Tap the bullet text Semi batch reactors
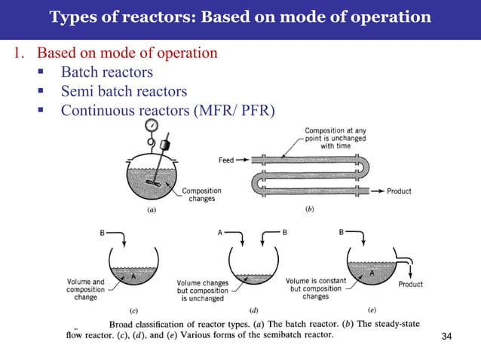point(124,92)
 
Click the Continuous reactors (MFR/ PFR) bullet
point(167,111)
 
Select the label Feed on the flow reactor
point(226,160)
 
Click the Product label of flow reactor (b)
point(399,191)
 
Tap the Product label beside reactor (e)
point(410,285)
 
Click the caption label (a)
point(152,211)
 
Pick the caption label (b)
point(309,210)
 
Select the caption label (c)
point(133,310)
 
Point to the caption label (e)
point(372,309)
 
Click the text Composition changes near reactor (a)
point(201,195)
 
